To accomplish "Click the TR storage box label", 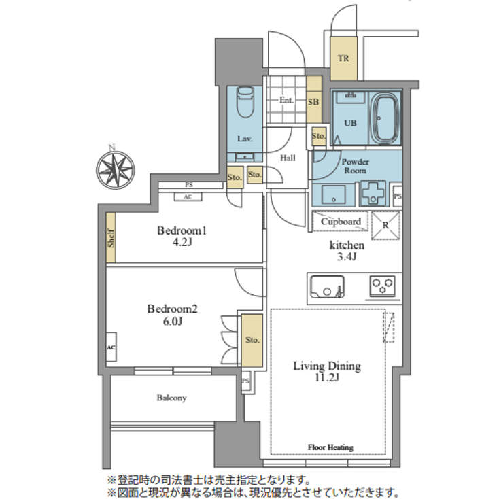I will pyautogui.click(x=344, y=58).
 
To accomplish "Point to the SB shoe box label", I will pyautogui.click(x=313, y=102).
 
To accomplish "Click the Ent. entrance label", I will pyautogui.click(x=286, y=100).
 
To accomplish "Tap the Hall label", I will pyautogui.click(x=288, y=157).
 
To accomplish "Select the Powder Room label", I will pyautogui.click(x=355, y=167).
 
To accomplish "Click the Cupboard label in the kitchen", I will pyautogui.click(x=341, y=222).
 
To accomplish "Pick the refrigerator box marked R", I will pyautogui.click(x=385, y=224).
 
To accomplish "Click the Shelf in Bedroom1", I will pyautogui.click(x=111, y=237).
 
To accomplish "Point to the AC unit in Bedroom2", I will pyautogui.click(x=110, y=346).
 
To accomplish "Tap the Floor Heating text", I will pyautogui.click(x=330, y=447).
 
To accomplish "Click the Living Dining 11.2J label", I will pyautogui.click(x=326, y=373).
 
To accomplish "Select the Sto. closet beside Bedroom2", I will pyautogui.click(x=252, y=340).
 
